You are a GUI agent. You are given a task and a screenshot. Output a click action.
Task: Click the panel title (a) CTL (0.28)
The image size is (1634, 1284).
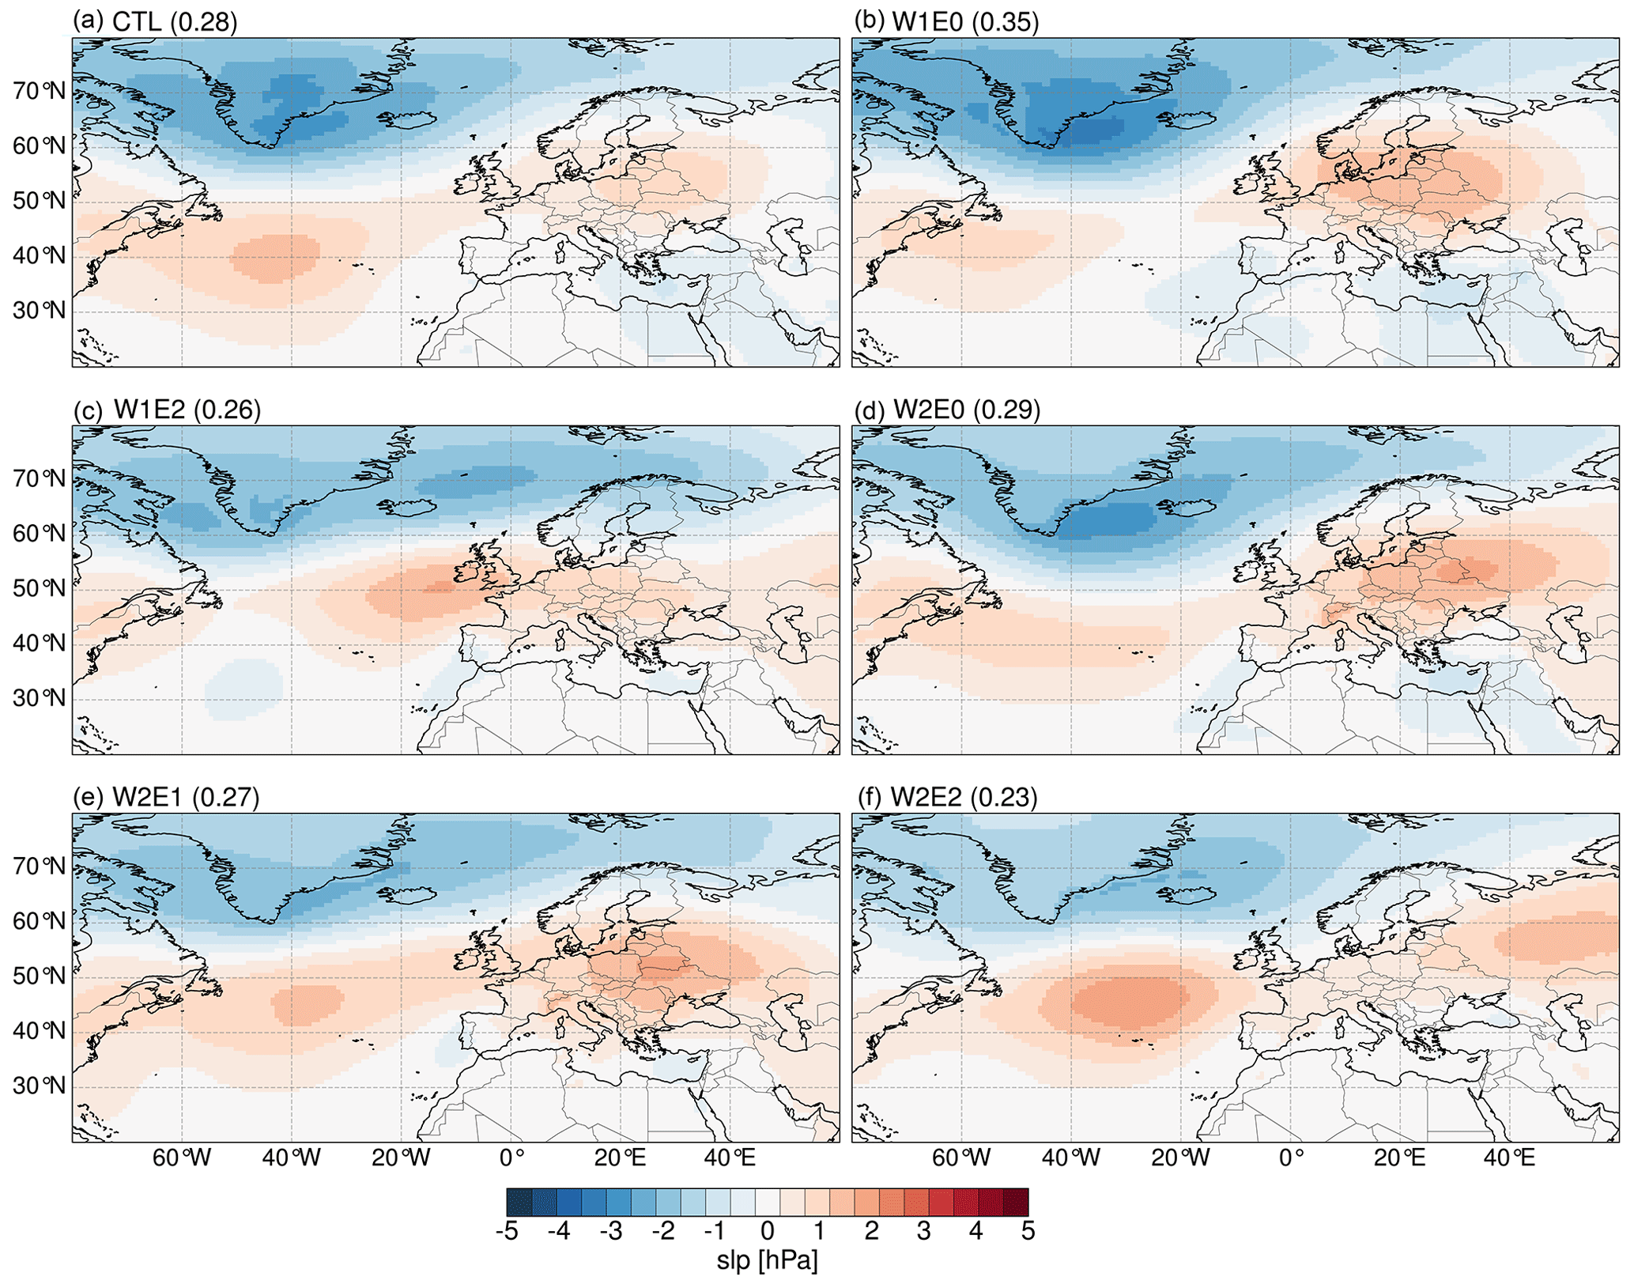pos(155,21)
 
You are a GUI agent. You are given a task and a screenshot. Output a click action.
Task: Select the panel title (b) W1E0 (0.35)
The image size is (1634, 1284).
pos(946,21)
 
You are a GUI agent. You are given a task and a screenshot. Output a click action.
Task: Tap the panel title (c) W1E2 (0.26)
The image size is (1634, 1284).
pos(167,409)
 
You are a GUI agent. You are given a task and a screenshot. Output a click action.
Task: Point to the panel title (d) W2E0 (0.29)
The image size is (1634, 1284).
pos(947,409)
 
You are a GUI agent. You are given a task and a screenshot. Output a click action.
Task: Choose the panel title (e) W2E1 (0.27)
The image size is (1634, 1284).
pos(166,796)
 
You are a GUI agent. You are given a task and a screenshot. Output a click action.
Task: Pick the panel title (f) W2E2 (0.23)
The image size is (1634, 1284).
pos(945,796)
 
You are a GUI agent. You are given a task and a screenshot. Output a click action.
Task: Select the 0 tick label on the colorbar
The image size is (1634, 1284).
pos(767,1231)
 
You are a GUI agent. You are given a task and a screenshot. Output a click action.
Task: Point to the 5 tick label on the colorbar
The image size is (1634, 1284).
pos(1028,1231)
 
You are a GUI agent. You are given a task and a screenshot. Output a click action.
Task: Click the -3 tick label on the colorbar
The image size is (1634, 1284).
pos(610,1231)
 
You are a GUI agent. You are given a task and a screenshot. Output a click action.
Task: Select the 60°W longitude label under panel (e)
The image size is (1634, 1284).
pos(182,1158)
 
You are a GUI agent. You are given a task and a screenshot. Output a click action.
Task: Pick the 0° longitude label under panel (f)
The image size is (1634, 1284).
pos(1291,1158)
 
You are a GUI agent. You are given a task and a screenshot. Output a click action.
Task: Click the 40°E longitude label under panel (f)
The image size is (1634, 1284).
pos(1509,1158)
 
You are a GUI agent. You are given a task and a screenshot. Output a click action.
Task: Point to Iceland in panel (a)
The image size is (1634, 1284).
pos(408,120)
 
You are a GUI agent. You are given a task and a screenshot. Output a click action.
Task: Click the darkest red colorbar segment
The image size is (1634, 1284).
pos(1015,1202)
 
